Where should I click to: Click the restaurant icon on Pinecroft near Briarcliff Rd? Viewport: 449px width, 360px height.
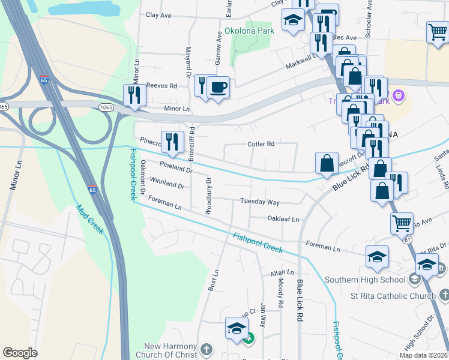[172, 142]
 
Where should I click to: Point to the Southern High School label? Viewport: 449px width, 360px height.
[364, 280]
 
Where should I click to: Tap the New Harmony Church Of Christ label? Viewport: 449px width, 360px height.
[170, 351]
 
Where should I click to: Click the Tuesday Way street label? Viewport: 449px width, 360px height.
[260, 202]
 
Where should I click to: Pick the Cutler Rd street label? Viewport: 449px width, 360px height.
[261, 144]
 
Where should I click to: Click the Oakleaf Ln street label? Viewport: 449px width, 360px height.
[283, 220]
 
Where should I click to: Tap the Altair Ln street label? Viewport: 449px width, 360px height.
[282, 272]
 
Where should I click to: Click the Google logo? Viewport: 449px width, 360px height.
[20, 353]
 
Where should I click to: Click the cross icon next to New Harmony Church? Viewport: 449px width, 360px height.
[206, 350]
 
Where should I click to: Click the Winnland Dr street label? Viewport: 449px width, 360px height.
[166, 182]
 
